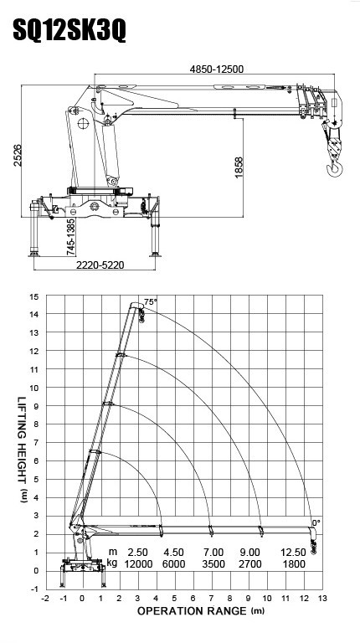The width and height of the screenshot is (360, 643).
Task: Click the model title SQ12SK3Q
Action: pos(69,30)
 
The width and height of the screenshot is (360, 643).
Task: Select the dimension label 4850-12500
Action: pos(217,69)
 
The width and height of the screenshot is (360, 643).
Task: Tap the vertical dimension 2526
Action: pos(18,155)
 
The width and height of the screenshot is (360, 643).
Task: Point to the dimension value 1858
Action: pos(239,167)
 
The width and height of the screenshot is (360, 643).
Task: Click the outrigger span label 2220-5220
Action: pos(100,265)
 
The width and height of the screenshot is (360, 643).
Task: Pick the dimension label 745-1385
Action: pos(70,237)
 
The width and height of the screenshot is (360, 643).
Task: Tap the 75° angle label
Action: pos(151,301)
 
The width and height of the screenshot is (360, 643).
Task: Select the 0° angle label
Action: pos(316,522)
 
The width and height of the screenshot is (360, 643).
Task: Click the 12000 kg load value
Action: pos(138,564)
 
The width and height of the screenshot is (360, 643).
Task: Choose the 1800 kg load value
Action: pos(294,564)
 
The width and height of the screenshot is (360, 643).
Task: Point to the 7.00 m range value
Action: pos(213,552)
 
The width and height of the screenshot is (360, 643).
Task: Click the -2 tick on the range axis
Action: pos(45,599)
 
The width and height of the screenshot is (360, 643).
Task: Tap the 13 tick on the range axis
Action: pos(322,599)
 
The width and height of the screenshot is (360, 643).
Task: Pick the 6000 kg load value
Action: pos(174,564)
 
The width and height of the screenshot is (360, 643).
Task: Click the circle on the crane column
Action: pos(84,123)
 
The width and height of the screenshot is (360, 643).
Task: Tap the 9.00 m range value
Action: pos(249,552)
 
